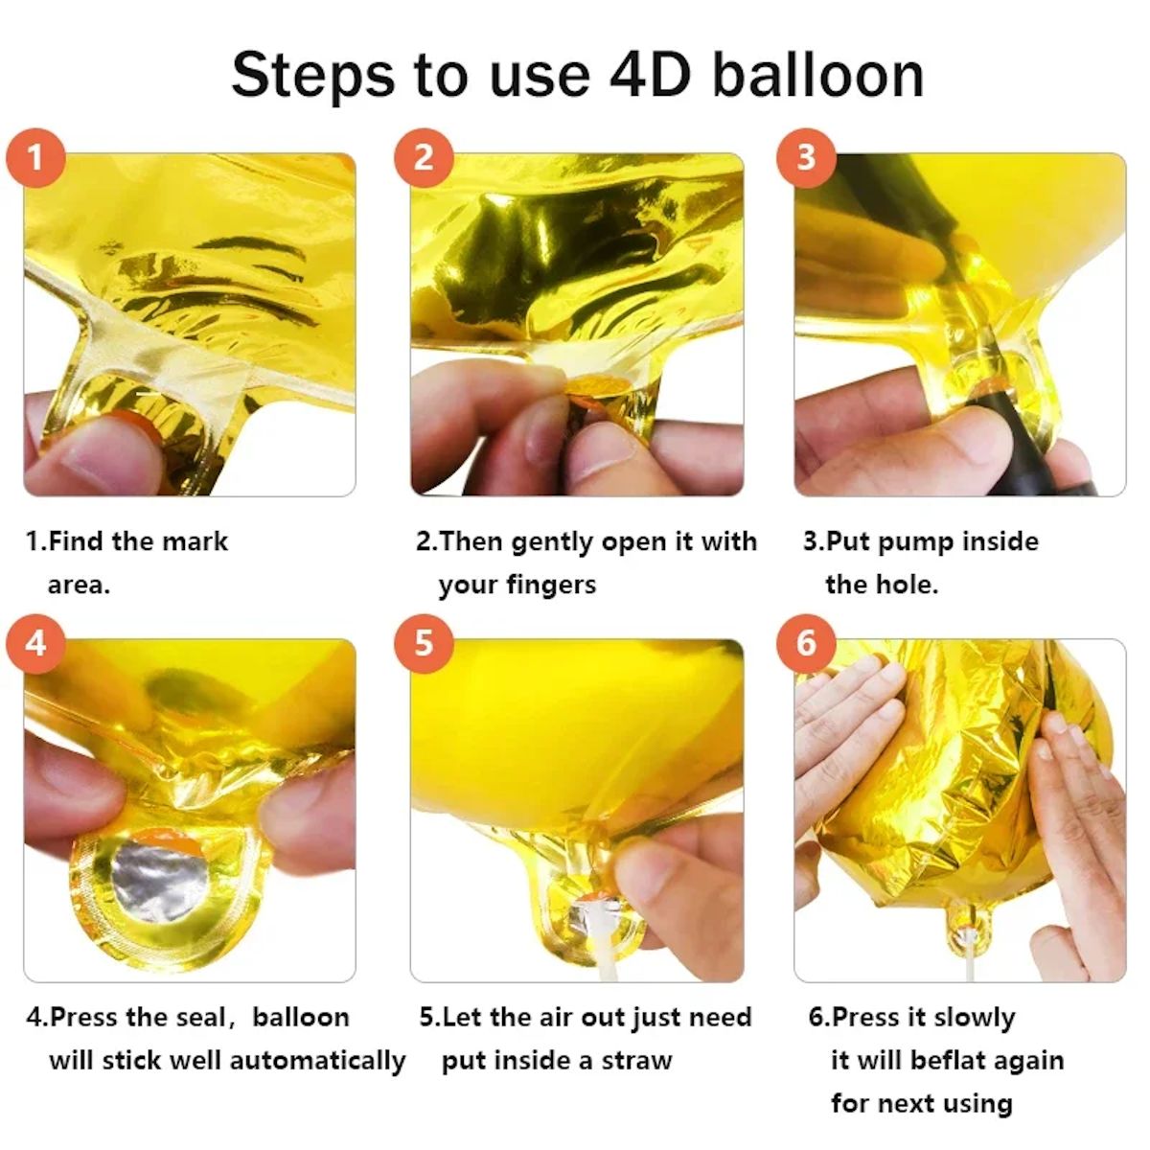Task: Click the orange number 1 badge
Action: (x=35, y=157)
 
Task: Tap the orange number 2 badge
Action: (x=424, y=157)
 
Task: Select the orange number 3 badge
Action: (x=805, y=157)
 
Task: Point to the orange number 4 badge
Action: (x=35, y=642)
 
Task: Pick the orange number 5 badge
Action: (x=424, y=642)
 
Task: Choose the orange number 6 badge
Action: (x=805, y=642)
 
